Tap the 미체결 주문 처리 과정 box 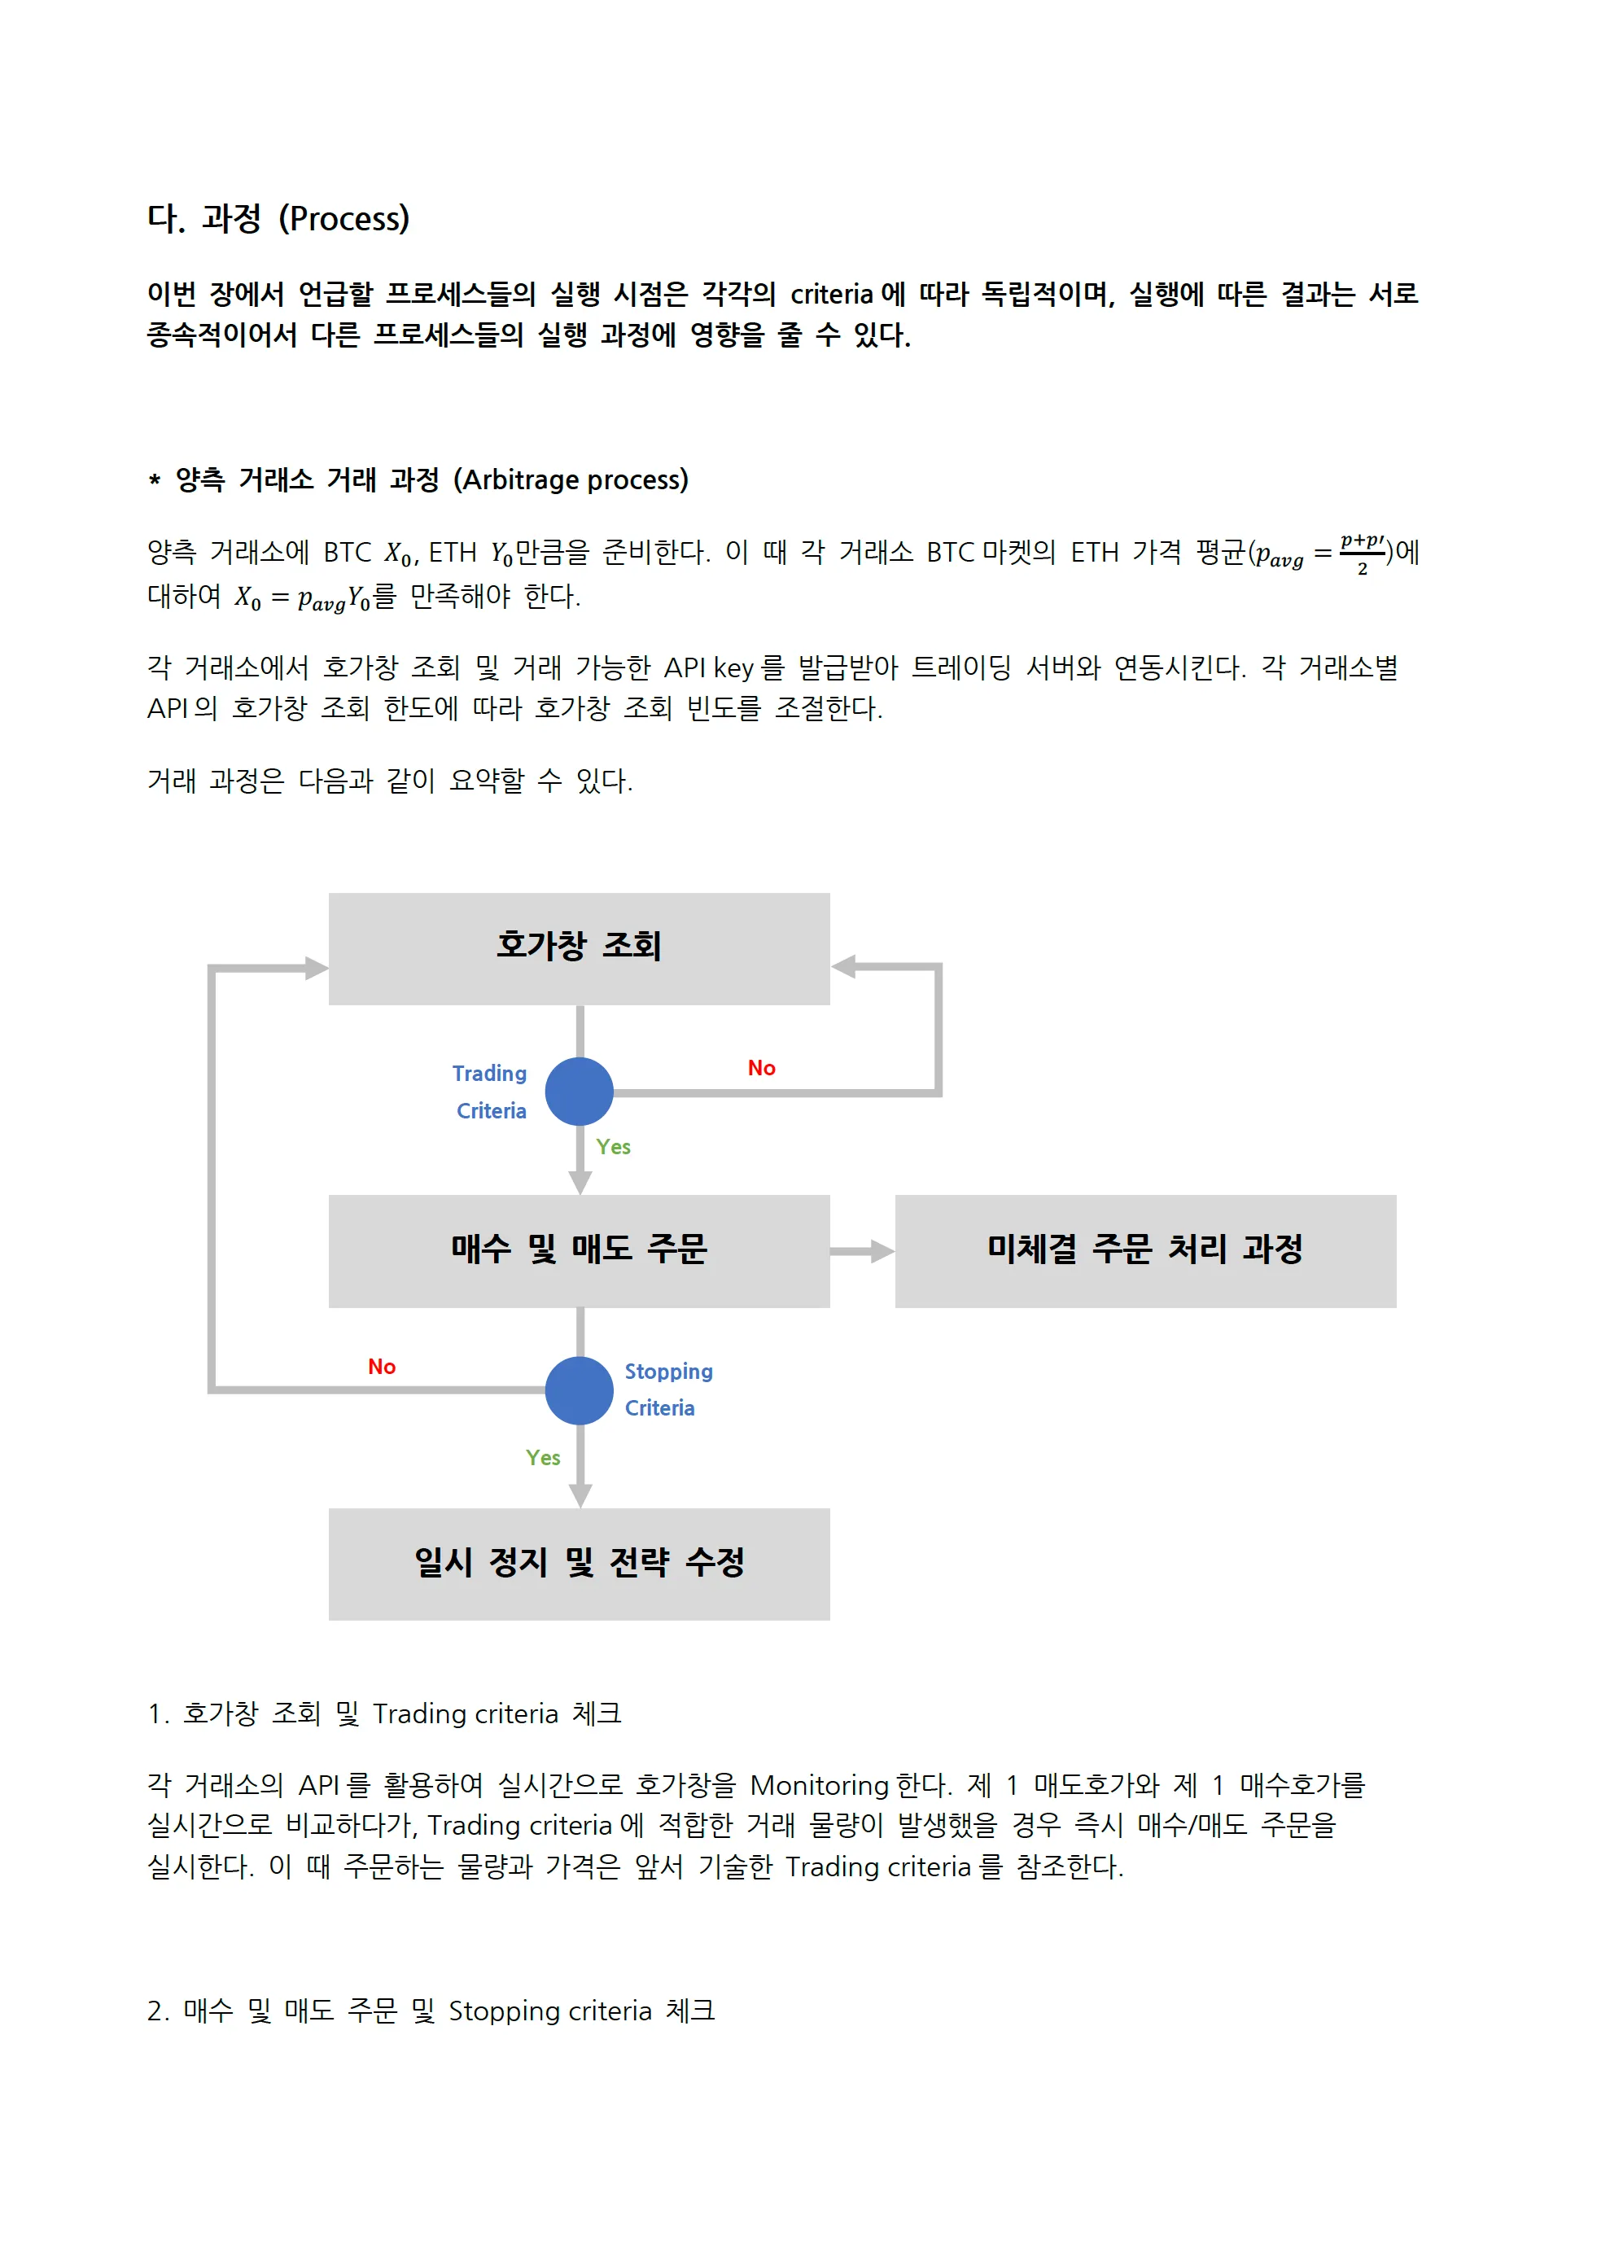click(x=1144, y=1250)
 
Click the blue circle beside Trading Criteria click(x=580, y=1091)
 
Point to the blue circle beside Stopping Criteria click(x=580, y=1389)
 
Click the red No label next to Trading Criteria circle click(x=761, y=1068)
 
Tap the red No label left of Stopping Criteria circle click(x=382, y=1366)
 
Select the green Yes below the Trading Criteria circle click(x=613, y=1147)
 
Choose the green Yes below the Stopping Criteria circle click(x=543, y=1458)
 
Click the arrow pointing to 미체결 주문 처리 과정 click(x=863, y=1251)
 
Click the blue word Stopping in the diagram click(x=669, y=1371)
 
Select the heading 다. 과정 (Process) click(x=278, y=218)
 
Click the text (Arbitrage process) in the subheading click(x=571, y=480)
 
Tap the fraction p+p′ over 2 click(x=1362, y=554)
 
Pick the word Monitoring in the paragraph click(x=819, y=1785)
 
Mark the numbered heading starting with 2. click(x=431, y=2011)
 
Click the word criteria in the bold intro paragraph click(x=832, y=294)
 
